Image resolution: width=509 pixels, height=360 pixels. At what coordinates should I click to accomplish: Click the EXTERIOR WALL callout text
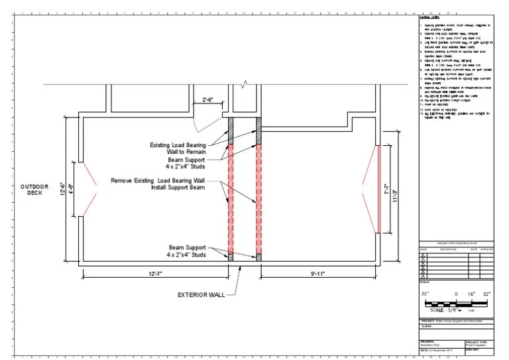(201, 295)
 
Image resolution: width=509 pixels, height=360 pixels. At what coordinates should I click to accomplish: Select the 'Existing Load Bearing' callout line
(178, 144)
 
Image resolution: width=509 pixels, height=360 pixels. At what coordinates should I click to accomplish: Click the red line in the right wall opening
(378, 190)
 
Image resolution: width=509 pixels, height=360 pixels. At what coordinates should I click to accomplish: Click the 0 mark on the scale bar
(455, 292)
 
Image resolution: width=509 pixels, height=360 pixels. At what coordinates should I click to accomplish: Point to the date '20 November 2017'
(438, 349)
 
